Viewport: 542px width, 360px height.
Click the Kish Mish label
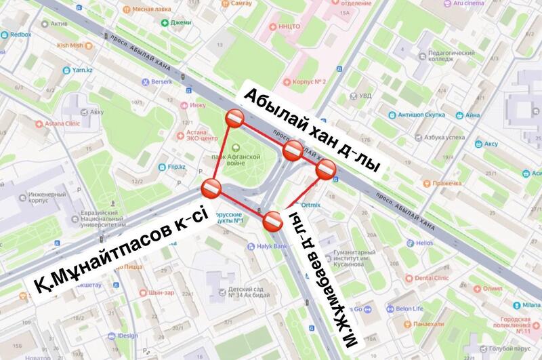70,45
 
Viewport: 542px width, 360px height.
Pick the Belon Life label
409,308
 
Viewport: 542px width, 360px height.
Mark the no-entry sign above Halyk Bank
272,220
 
